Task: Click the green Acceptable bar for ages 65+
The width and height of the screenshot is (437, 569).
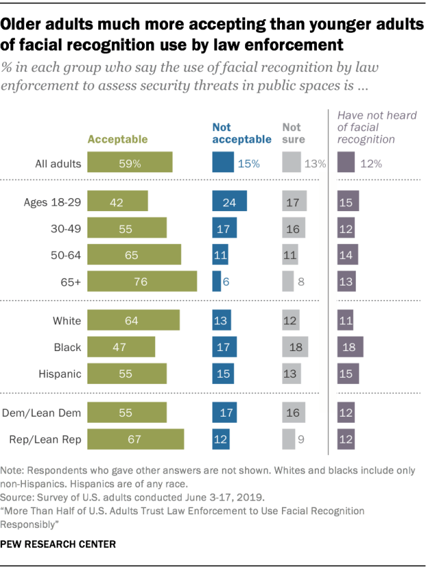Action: point(142,281)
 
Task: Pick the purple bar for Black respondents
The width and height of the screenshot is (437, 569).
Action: point(350,347)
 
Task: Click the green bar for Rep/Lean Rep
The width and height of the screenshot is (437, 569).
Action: point(136,439)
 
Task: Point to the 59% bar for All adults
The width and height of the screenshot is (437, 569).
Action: point(130,163)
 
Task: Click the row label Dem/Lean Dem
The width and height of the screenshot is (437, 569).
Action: point(47,413)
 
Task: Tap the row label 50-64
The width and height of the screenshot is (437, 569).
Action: point(66,255)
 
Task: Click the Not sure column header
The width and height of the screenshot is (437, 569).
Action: point(293,133)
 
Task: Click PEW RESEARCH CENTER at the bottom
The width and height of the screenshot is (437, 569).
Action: point(59,544)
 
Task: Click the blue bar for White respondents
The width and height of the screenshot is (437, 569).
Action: point(222,320)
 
